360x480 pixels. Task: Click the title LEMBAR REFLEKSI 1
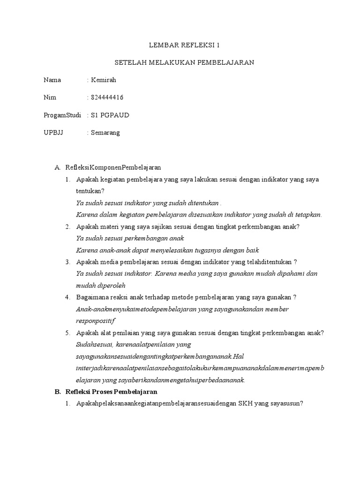[x=184, y=45]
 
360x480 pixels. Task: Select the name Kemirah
[x=104, y=80]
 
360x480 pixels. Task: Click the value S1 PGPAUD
[x=110, y=115]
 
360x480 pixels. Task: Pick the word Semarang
[x=105, y=133]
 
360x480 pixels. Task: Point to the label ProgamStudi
[x=62, y=115]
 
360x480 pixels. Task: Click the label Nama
[x=52, y=80]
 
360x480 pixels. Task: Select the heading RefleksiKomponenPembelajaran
[x=113, y=167]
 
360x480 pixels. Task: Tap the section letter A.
[x=58, y=167]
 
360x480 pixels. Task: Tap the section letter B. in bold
[x=58, y=391]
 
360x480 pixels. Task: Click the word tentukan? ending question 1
[x=90, y=191]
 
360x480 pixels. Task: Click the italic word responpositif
[x=95, y=321]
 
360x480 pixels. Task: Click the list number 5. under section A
[x=67, y=333]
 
